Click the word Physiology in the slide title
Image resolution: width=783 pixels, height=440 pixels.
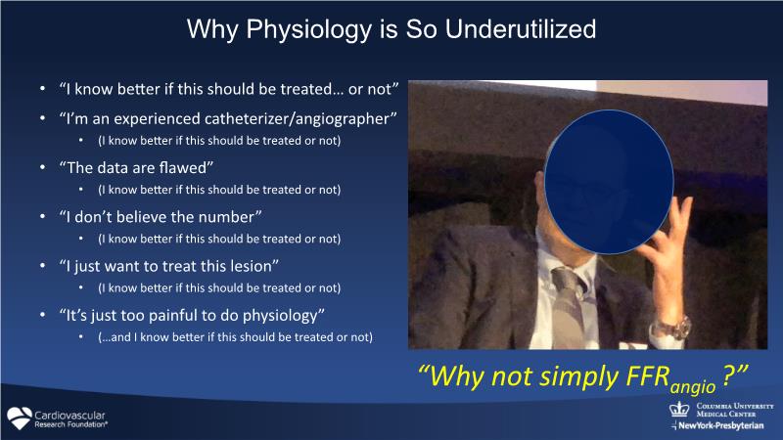pos(309,30)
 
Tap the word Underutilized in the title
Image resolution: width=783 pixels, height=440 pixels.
pos(521,29)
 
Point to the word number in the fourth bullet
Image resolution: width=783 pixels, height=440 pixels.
pos(231,217)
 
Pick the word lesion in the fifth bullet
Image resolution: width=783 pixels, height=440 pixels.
pos(253,266)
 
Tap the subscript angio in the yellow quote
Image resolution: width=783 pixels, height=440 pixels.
pos(693,387)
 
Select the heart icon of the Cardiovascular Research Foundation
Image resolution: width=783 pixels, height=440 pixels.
pos(20,418)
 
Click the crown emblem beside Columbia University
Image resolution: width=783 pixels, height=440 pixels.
pos(679,409)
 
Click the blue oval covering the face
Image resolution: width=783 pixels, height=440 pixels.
pos(609,182)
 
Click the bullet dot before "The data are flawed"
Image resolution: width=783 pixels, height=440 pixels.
pos(42,167)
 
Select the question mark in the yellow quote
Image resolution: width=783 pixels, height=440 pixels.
pos(728,375)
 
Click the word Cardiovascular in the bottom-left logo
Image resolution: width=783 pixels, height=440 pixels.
pos(69,415)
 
